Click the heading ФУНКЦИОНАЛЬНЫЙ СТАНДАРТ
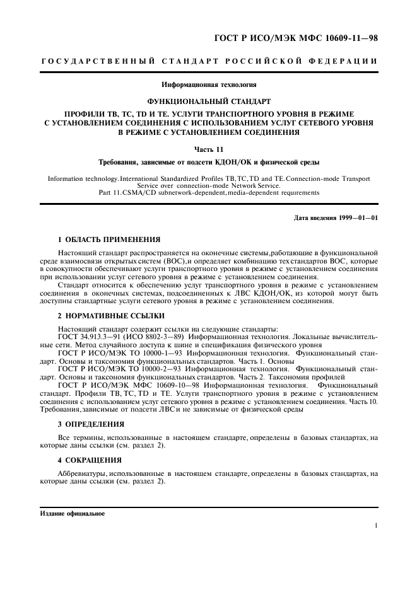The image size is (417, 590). (x=208, y=101)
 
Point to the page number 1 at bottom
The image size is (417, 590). (x=375, y=525)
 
